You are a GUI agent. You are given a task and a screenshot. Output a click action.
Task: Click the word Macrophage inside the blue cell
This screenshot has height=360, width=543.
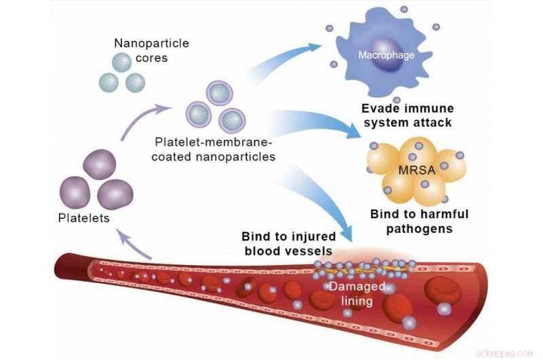coord(386,55)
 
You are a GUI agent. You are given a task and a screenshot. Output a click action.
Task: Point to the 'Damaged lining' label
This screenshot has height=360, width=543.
coord(357,293)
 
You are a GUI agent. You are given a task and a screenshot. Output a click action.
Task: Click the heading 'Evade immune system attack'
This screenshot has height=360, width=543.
coord(407,115)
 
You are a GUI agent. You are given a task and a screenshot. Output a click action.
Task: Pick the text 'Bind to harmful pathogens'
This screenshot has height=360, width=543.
coord(419,221)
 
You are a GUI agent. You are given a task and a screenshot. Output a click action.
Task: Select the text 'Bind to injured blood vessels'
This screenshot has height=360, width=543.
coord(289,244)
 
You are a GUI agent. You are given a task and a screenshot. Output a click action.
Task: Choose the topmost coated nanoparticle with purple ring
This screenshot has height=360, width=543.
coord(219,94)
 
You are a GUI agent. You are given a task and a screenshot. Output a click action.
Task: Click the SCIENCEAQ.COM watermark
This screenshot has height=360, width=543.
coord(506,353)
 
